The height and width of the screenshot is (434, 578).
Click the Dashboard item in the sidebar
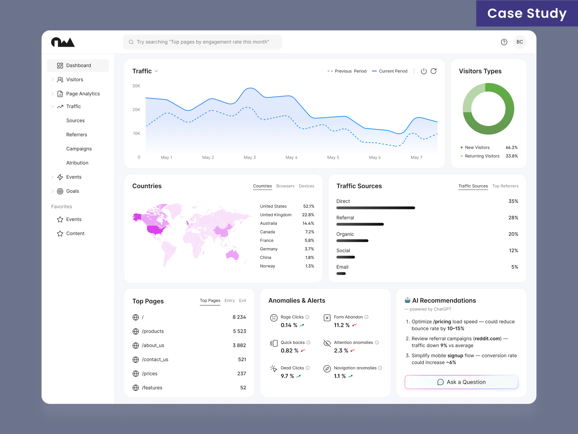click(78, 65)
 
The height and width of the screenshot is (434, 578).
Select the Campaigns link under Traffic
click(79, 149)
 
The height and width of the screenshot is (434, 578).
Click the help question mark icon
click(504, 42)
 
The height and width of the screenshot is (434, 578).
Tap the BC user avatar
click(519, 42)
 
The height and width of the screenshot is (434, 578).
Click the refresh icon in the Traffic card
click(433, 71)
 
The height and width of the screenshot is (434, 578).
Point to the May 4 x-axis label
click(291, 157)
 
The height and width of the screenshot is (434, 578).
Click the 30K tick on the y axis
click(136, 86)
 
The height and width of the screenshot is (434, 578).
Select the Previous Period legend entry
click(347, 71)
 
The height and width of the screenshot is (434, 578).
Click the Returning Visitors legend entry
click(482, 156)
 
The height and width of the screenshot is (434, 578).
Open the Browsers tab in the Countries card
click(285, 186)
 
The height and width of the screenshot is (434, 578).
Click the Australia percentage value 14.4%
click(308, 224)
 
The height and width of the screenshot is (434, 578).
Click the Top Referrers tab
click(505, 186)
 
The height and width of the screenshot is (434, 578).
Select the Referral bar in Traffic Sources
click(360, 224)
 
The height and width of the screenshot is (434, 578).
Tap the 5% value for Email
click(514, 267)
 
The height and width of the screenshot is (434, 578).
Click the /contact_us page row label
click(155, 359)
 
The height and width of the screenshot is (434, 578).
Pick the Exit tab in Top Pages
click(242, 301)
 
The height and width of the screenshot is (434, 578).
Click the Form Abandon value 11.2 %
click(342, 325)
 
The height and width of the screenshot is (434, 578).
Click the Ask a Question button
click(461, 382)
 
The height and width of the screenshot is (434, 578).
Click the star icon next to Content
click(60, 234)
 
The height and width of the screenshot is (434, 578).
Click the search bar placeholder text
click(203, 42)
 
